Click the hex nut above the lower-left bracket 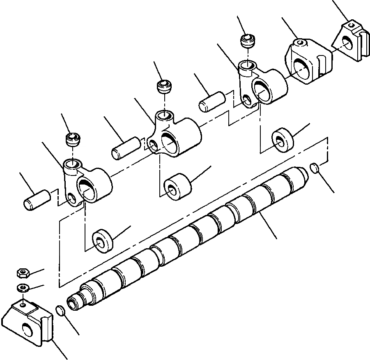pos(22,273)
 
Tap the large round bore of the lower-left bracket pos(28,330)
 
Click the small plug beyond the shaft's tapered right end pos(315,168)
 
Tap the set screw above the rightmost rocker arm pos(248,42)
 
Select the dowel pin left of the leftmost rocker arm pos(36,199)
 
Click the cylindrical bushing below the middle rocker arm pos(177,186)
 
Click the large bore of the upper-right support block pos(303,67)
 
